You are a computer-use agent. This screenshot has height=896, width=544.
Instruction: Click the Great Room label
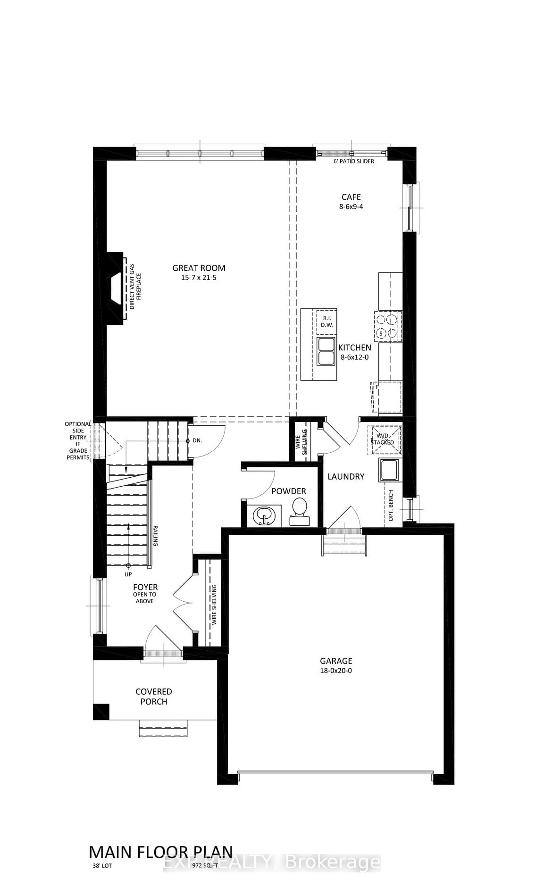(199, 268)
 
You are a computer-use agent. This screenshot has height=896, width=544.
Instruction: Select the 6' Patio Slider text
(353, 161)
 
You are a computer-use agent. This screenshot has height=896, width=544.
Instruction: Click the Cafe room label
(351, 197)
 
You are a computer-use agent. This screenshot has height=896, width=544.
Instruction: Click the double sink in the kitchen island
(326, 351)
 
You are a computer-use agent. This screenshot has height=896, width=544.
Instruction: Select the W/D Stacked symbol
(385, 440)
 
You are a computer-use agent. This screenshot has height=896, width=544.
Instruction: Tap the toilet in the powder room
(299, 511)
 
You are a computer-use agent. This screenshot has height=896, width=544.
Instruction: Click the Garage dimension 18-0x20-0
(336, 671)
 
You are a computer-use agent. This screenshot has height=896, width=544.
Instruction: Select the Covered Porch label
(154, 697)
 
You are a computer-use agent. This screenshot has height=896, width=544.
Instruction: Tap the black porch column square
(101, 711)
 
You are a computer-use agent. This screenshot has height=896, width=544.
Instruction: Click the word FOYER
(145, 587)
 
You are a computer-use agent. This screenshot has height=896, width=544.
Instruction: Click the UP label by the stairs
(128, 574)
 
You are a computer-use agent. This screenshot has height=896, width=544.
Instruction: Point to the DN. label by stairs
(197, 440)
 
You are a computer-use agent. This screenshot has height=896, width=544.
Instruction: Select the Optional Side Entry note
(78, 440)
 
